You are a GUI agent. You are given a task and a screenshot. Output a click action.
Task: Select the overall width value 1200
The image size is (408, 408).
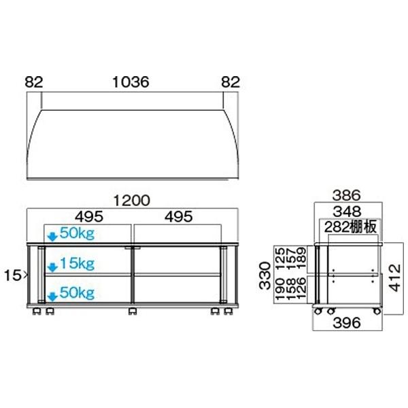pos(132,201)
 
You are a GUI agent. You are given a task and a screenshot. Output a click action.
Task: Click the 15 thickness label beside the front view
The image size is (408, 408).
pos(17,275)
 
